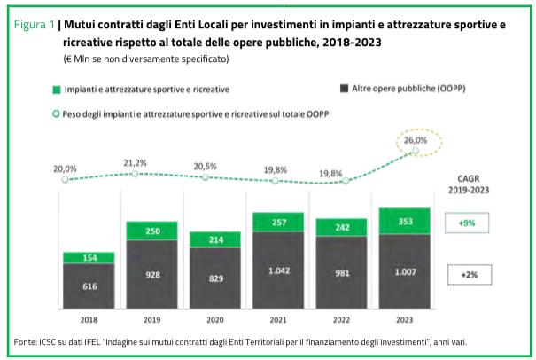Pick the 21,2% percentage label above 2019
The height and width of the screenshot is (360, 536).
click(136, 163)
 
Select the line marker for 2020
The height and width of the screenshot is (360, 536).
click(205, 176)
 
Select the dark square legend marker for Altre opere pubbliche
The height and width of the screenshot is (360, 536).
click(343, 90)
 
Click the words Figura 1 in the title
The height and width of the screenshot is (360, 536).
click(35, 24)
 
